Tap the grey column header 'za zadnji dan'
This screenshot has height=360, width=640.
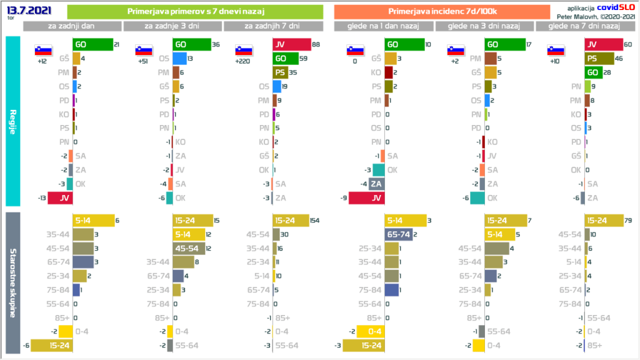click(72, 26)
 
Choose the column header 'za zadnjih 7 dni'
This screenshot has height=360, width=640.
click(272, 26)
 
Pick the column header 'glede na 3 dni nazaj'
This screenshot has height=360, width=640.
click(484, 26)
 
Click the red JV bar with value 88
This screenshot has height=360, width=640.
click(292, 44)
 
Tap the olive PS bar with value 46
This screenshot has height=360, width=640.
click(599, 59)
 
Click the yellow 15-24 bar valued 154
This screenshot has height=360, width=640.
click(291, 221)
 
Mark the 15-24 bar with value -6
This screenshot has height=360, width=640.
click(52, 345)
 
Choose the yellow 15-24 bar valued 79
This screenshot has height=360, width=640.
click(603, 221)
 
